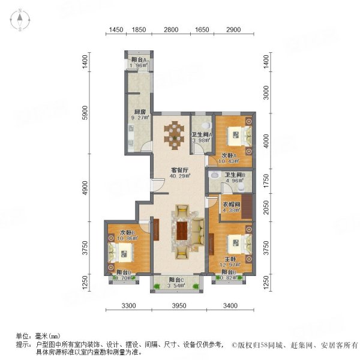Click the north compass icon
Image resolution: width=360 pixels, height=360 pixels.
point(19,20)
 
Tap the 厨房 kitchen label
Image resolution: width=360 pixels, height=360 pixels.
point(140,112)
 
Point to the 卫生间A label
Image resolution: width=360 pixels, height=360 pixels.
point(200,134)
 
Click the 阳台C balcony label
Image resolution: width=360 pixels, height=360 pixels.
point(176,280)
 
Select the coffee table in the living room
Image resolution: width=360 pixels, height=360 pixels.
point(182,232)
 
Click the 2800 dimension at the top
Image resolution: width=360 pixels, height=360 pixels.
point(171,30)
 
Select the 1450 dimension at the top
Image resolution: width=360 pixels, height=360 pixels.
point(116,30)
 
